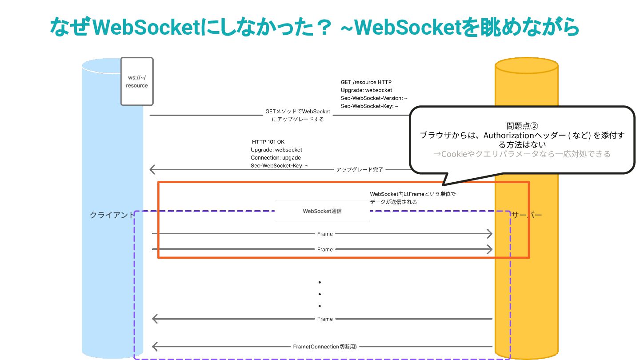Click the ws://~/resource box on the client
point(137,81)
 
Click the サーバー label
point(527,215)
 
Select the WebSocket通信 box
point(322,211)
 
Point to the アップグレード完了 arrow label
point(360,169)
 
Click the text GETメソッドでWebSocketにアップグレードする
point(297,116)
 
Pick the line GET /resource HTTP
point(366,82)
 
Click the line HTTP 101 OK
point(268,142)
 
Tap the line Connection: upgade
point(276,158)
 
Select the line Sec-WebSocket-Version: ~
point(374,98)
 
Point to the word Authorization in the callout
point(504,136)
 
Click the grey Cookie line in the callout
point(522,154)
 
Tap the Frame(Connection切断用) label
point(325,347)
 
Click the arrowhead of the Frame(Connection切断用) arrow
point(155,347)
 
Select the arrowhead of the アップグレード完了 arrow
point(152,169)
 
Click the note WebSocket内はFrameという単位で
point(413,194)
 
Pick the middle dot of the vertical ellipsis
point(320,294)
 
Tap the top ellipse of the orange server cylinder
point(526,65)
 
